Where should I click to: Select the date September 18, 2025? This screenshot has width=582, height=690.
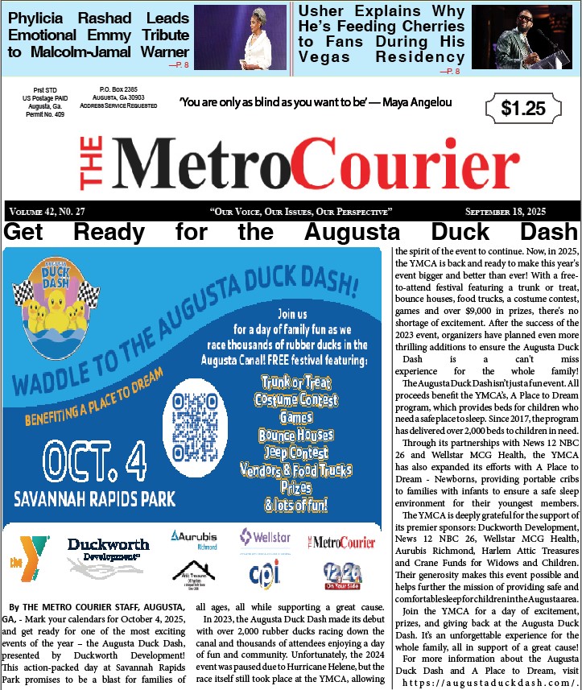(506, 211)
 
